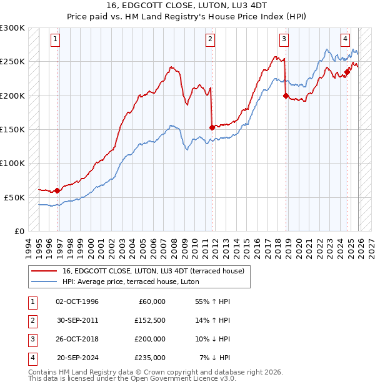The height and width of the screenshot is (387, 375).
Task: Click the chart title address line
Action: click(187, 6)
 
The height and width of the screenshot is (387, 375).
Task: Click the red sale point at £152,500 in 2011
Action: click(212, 127)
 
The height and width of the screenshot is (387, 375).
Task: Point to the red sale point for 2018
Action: click(286, 96)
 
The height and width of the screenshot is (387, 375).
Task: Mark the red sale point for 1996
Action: click(57, 190)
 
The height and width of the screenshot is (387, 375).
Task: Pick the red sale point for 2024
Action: click(347, 72)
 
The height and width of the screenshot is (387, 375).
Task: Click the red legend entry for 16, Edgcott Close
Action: click(156, 270)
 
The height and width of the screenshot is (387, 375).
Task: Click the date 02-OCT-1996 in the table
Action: click(77, 301)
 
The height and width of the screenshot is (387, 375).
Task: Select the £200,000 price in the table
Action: click(150, 339)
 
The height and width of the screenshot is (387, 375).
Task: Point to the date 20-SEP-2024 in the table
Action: click(77, 358)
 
